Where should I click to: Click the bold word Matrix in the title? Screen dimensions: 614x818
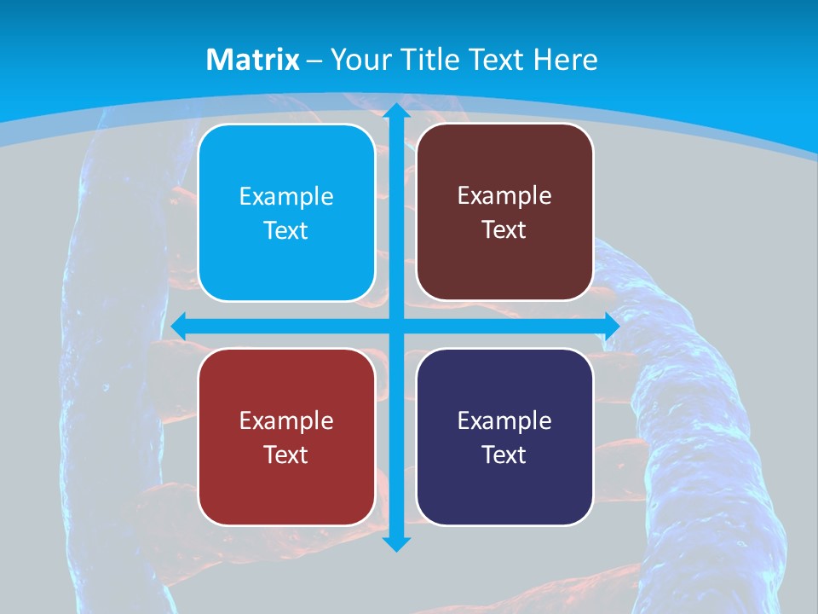coord(253,60)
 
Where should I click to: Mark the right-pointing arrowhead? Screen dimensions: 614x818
coord(611,326)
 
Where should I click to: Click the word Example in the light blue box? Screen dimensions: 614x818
coord(286,197)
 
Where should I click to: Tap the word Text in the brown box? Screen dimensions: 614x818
coord(504,230)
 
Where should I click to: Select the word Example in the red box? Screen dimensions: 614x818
coord(286,421)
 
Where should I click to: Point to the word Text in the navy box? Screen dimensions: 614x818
coord(504,455)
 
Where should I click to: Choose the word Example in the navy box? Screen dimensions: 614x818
coord(504,421)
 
